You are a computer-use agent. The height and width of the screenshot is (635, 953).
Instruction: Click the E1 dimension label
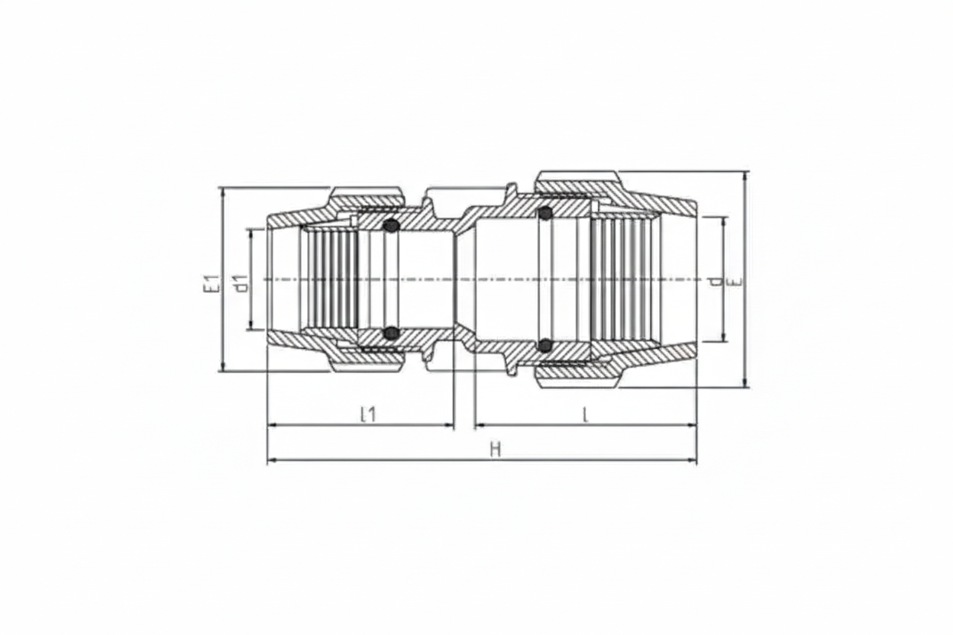(212, 283)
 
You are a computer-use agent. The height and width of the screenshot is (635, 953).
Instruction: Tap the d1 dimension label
(242, 283)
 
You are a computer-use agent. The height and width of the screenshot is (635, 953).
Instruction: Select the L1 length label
(368, 414)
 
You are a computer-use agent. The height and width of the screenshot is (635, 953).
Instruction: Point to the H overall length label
(495, 450)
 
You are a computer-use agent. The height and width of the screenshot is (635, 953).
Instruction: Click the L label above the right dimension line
(585, 414)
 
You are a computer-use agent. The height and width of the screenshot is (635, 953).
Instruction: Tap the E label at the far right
(735, 281)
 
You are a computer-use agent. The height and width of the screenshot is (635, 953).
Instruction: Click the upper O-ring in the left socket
(391, 226)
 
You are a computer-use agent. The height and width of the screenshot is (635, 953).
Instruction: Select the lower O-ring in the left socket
(391, 333)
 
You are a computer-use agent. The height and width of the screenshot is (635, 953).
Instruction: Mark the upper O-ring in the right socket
(544, 214)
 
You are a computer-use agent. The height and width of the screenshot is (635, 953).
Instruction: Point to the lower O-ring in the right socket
(544, 346)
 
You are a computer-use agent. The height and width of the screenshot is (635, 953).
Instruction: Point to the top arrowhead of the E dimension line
(746, 176)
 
